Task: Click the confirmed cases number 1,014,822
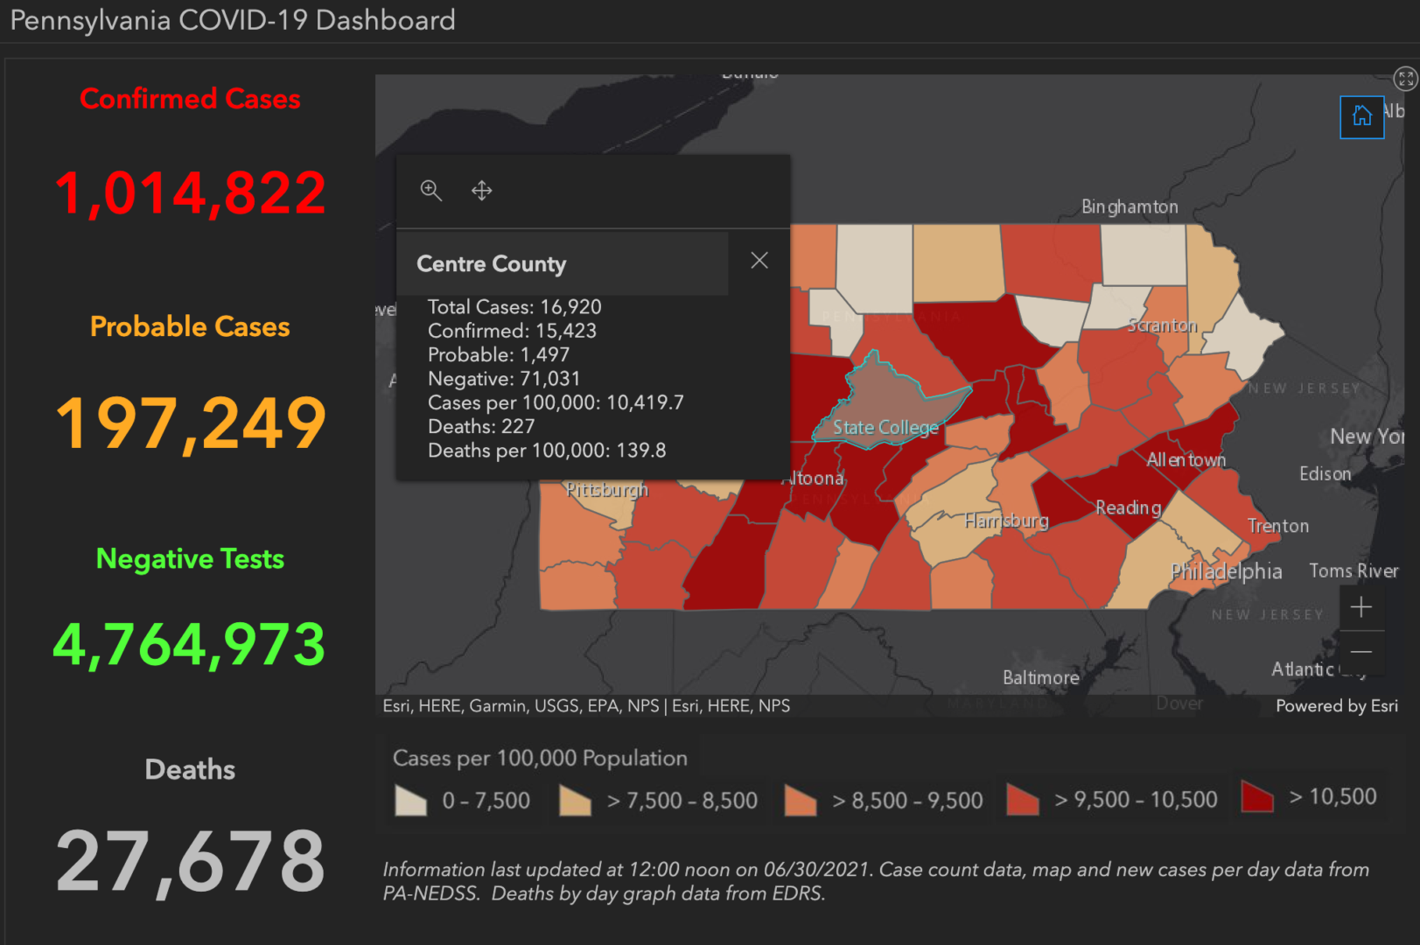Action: [x=190, y=193]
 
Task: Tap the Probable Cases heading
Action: [x=190, y=326]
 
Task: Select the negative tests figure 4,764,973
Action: [x=190, y=645]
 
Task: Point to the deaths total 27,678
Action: [x=190, y=862]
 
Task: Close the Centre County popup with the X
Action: [x=759, y=261]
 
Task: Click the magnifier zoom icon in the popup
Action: [x=430, y=190]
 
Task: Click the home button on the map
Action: [x=1361, y=116]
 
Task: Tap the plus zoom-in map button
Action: [x=1361, y=607]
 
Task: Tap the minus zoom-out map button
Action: [x=1361, y=652]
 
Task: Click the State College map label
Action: [x=885, y=428]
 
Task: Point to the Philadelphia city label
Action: [x=1226, y=571]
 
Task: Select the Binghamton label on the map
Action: [x=1130, y=207]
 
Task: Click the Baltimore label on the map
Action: [x=1040, y=678]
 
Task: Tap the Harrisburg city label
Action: [x=1006, y=521]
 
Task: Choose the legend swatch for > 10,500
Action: [x=1257, y=797]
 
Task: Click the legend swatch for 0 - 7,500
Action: [x=410, y=801]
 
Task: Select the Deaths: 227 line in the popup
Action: [x=481, y=427]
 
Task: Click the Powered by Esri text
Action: [x=1336, y=706]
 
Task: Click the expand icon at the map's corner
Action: [x=1405, y=79]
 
